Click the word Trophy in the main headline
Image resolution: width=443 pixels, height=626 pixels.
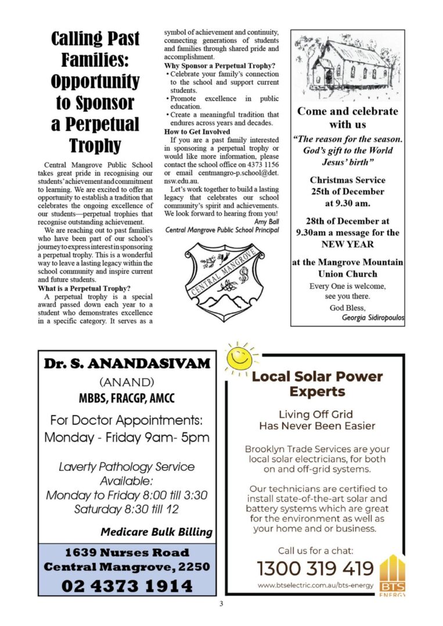(x=95, y=145)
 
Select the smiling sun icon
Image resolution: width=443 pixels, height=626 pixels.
(x=240, y=359)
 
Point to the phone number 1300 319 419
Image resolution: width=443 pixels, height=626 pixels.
(x=315, y=568)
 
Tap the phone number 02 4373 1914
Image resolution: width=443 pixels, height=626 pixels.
(x=127, y=586)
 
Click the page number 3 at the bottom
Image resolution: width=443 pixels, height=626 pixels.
(x=221, y=604)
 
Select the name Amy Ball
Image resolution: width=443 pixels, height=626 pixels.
(x=266, y=221)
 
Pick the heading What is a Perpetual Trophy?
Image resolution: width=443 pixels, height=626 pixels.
(x=84, y=288)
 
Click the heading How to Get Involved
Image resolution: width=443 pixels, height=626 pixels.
(x=197, y=132)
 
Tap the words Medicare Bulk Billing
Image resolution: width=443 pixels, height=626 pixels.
(x=156, y=532)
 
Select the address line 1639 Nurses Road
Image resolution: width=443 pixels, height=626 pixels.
(x=127, y=552)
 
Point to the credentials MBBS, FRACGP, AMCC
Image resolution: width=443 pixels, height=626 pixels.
(x=127, y=399)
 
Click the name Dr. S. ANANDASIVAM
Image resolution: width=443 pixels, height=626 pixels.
(x=127, y=364)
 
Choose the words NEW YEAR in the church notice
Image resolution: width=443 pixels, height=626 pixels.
(x=347, y=244)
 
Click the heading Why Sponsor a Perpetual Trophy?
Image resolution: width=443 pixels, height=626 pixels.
(x=219, y=65)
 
